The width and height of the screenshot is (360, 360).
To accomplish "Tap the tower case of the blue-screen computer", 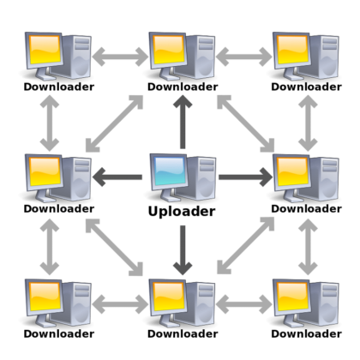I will click(202, 178).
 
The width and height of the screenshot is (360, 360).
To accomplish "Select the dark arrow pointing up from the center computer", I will click(181, 121).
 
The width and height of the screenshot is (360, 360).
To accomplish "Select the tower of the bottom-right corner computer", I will click(326, 302).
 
